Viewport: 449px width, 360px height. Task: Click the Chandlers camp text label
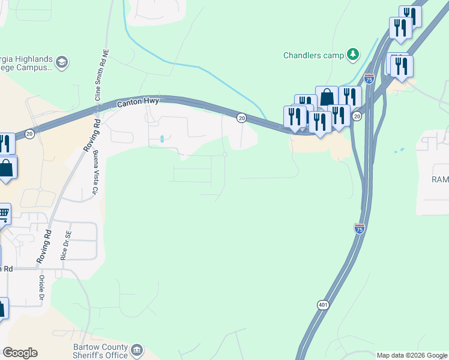pos(314,55)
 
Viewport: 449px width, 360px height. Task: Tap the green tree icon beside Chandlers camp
pos(353,55)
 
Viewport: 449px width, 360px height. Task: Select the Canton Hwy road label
pos(137,102)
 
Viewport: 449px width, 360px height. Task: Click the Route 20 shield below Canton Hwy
pos(241,118)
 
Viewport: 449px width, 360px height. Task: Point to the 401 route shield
pos(324,305)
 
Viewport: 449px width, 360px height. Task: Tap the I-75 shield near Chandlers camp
pos(369,79)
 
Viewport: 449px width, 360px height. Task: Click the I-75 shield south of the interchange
pos(358,229)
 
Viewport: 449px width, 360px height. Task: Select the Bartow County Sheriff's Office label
pos(99,351)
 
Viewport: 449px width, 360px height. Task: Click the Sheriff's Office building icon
pos(137,349)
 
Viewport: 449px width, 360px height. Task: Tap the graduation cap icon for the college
pos(61,62)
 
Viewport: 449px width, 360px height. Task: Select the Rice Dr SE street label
pos(65,245)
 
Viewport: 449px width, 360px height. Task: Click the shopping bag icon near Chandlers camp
pos(327,97)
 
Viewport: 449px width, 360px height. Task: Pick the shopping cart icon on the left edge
pos(3,213)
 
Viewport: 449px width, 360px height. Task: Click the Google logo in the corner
pos(20,353)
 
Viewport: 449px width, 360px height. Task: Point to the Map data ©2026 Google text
pos(411,355)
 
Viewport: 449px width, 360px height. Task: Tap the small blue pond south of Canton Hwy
pos(162,140)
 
